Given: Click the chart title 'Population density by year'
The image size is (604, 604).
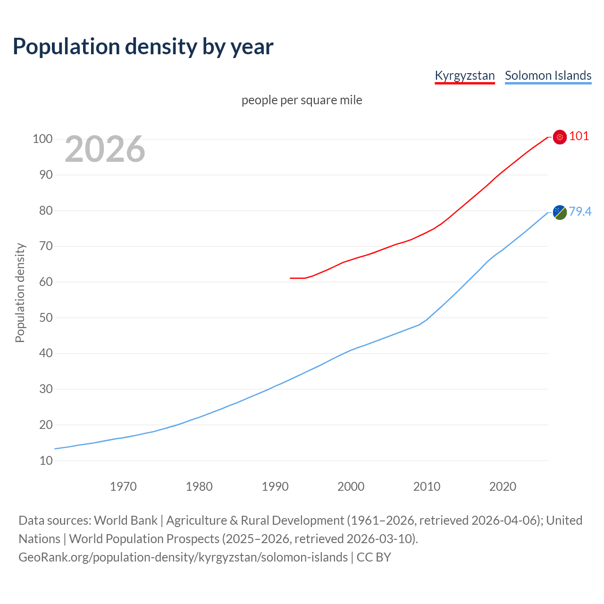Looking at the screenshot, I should [x=143, y=47].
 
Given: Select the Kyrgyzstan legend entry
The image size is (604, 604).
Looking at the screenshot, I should [x=464, y=75].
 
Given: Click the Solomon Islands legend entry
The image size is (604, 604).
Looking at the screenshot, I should [x=548, y=75].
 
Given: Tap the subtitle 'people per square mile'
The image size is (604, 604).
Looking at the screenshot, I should [x=302, y=101].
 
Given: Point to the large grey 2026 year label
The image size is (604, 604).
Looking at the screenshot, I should [x=105, y=149].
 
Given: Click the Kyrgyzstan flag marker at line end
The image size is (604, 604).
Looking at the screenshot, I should [x=560, y=137].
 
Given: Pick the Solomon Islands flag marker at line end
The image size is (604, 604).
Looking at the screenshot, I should [x=560, y=212].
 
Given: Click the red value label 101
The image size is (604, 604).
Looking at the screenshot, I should [x=579, y=136].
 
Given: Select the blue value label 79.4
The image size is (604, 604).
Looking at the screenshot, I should [x=580, y=211].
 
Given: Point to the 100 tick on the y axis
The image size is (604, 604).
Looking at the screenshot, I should [x=42, y=139].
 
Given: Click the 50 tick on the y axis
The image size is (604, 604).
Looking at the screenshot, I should [x=46, y=318].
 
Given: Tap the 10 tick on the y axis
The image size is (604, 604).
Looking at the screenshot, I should [x=46, y=461].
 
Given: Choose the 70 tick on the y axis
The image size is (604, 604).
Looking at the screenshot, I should [x=46, y=246].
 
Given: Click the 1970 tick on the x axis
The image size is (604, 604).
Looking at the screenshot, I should [x=123, y=487].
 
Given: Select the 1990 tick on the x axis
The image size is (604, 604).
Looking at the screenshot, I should [x=275, y=487].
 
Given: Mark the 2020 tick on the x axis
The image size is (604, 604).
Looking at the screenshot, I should [x=503, y=487].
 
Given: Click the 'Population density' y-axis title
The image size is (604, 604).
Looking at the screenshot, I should [x=20, y=293].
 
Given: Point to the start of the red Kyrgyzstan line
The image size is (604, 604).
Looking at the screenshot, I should [x=291, y=278].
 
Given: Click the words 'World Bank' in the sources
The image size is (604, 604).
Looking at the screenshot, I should [x=126, y=520].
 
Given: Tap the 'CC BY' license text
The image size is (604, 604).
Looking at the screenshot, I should [x=374, y=557].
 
